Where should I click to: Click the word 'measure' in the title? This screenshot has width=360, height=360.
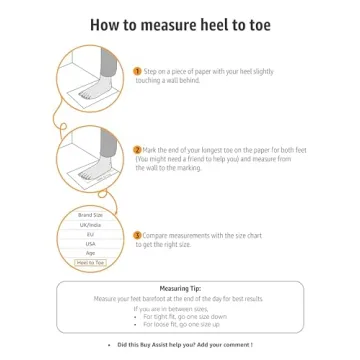click(170, 25)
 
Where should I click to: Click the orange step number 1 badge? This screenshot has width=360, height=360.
click(137, 72)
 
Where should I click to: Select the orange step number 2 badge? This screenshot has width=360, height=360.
click(137, 149)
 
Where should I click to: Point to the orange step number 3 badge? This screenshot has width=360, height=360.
click(137, 235)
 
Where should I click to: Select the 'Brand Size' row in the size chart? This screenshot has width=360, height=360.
click(91, 215)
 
